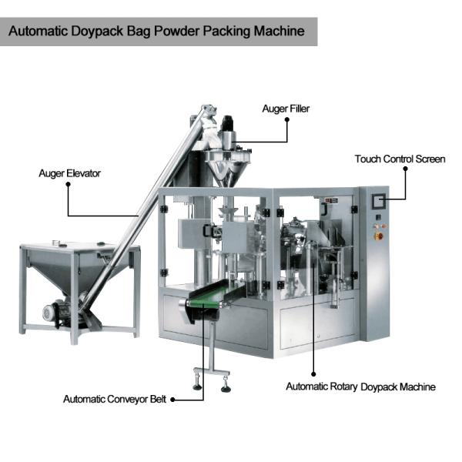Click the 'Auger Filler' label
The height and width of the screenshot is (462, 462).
[286, 109]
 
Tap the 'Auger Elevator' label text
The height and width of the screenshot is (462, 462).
[70, 173]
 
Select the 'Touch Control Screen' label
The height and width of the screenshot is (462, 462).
[400, 159]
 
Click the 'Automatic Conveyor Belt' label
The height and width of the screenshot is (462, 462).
[115, 399]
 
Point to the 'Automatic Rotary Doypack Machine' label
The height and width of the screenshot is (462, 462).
[360, 387]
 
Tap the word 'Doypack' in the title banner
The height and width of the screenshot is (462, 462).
[97, 32]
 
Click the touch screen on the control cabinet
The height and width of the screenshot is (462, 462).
[379, 202]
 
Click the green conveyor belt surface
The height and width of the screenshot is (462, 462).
[216, 293]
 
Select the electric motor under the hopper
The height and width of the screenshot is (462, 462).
[55, 312]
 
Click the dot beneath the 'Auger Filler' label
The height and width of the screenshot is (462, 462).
[287, 119]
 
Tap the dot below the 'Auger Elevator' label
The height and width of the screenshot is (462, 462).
[68, 184]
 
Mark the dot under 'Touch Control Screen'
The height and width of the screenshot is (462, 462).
[406, 169]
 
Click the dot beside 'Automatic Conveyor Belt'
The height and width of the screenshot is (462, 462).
[173, 400]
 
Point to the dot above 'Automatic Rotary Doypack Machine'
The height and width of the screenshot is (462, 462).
[313, 374]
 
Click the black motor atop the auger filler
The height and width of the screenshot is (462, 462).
[227, 123]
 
